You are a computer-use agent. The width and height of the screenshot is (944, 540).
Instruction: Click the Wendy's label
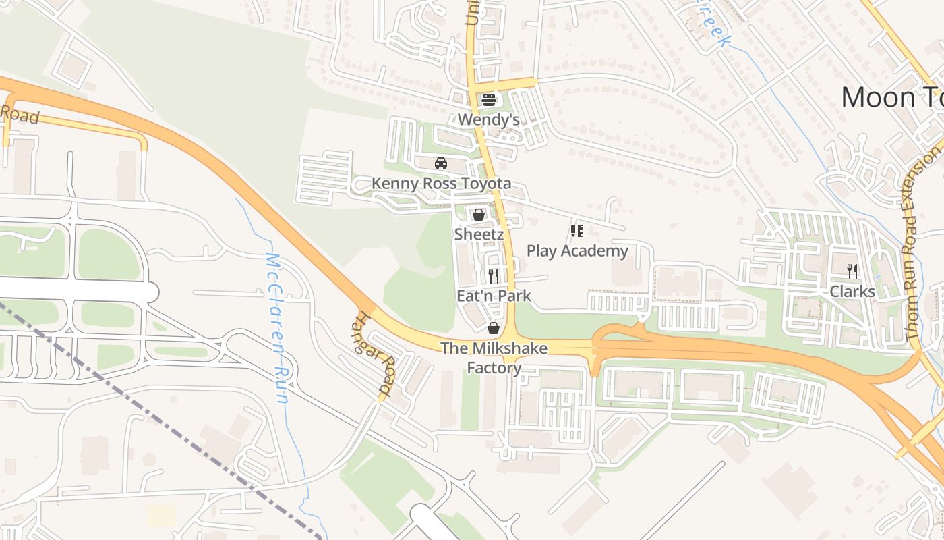(488, 120)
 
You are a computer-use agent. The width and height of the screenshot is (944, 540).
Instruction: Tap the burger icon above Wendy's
(488, 100)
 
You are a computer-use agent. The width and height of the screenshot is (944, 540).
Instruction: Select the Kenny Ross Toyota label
(441, 184)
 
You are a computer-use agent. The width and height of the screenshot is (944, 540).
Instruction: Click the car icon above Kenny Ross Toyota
(441, 163)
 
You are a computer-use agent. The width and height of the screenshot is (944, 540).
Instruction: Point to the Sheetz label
(479, 234)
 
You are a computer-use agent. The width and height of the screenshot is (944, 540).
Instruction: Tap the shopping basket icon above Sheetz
(479, 215)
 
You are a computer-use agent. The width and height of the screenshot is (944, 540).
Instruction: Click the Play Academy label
(577, 251)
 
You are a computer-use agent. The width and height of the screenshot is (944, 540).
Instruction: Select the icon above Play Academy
(577, 232)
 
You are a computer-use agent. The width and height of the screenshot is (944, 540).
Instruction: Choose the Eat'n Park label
(494, 296)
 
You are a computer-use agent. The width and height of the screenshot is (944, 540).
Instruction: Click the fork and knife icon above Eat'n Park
(494, 275)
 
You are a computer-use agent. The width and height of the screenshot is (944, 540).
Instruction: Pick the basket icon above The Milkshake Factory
(494, 329)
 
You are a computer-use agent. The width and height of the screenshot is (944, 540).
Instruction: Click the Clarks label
(852, 292)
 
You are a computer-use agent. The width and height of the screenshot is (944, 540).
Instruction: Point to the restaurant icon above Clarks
(852, 271)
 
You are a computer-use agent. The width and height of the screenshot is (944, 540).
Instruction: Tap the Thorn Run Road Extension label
(922, 243)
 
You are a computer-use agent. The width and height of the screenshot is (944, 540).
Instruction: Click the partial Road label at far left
(19, 115)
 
